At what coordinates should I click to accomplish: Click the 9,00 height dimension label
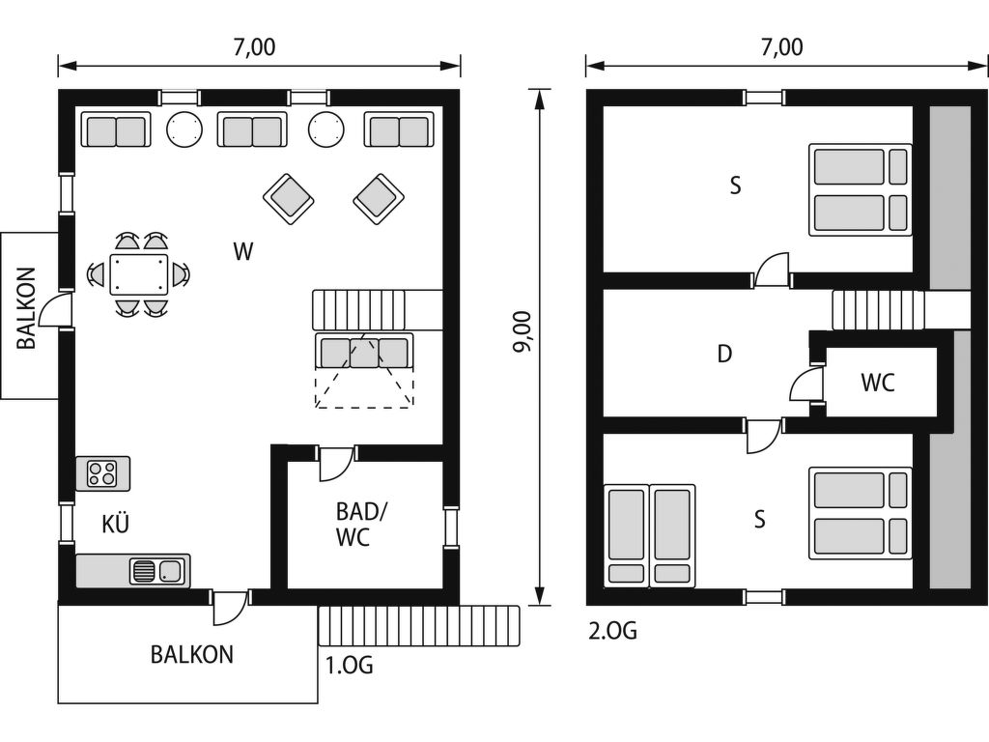coord(523,331)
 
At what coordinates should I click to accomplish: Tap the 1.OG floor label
coord(349,665)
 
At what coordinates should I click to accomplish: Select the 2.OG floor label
coord(612,630)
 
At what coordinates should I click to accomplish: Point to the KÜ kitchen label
coord(116,523)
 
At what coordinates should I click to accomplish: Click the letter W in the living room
coord(242,251)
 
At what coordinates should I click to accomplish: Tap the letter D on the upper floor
coord(724,354)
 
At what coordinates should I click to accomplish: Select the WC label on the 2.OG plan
coord(878,383)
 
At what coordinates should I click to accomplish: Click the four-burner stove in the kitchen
coord(102,473)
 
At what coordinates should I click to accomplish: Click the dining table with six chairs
coord(139,274)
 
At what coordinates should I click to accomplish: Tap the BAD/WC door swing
coord(335,464)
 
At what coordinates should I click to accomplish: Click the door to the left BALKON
coord(55,310)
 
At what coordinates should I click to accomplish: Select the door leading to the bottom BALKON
coord(230,607)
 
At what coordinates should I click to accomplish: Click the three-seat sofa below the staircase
coord(364,352)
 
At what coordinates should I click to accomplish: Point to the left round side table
coord(184,129)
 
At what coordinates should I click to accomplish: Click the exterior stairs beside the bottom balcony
coord(419,626)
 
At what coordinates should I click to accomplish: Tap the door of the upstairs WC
coord(806,384)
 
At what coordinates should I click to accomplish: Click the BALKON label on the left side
coord(26,308)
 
